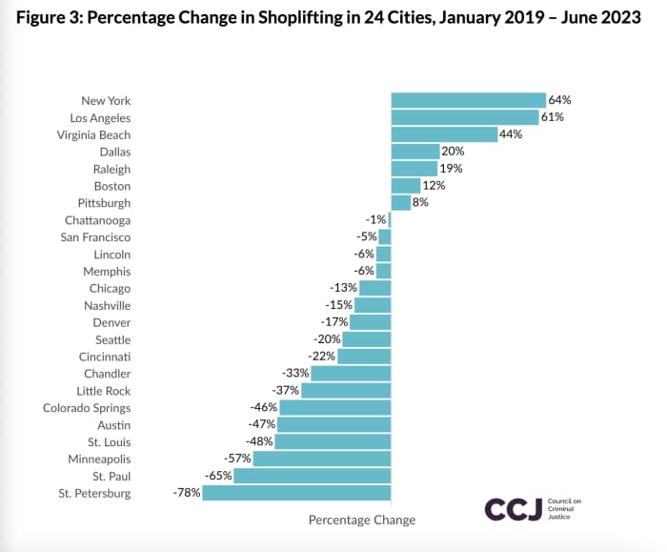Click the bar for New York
click(x=468, y=100)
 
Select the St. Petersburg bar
click(x=296, y=493)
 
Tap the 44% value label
click(x=512, y=134)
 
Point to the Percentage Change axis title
click(x=362, y=520)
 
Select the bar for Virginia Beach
click(x=444, y=134)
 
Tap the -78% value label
click(x=186, y=493)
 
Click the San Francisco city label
click(x=95, y=237)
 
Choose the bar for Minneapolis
click(x=322, y=459)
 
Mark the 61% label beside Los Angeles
click(x=553, y=117)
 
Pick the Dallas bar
click(x=414, y=152)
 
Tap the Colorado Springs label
click(x=87, y=408)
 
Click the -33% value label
click(x=295, y=374)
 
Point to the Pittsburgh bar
click(x=400, y=203)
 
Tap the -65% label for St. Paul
click(x=217, y=476)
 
